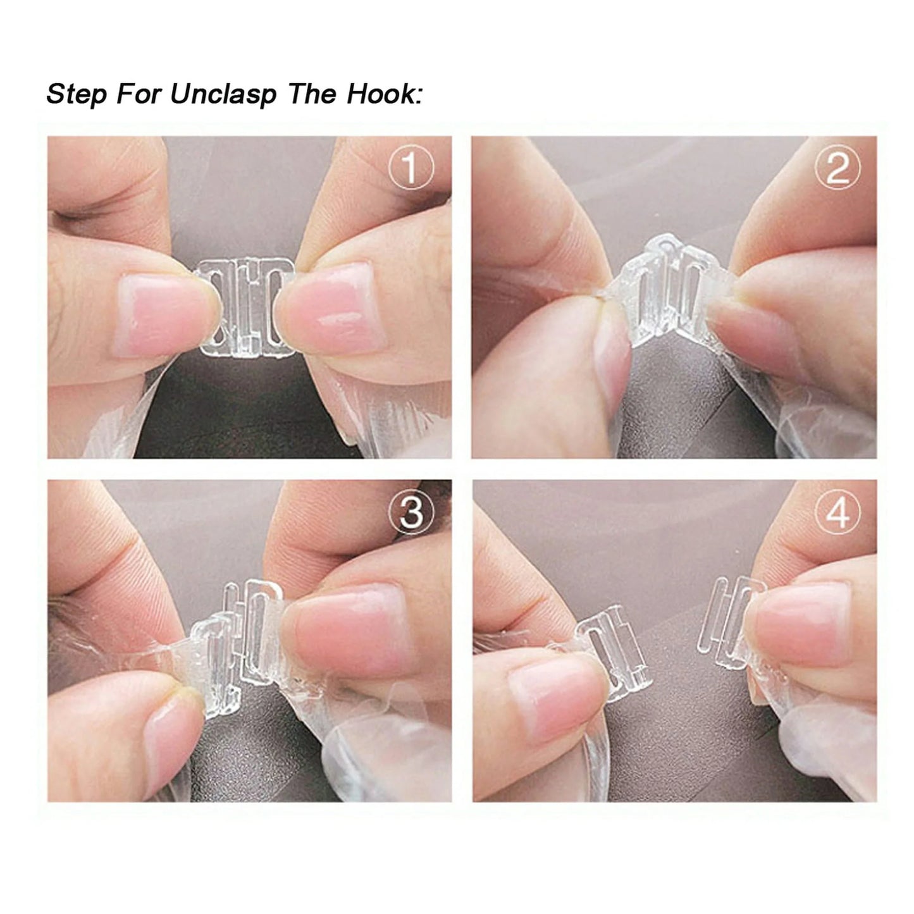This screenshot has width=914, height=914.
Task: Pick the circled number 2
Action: [837, 169]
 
